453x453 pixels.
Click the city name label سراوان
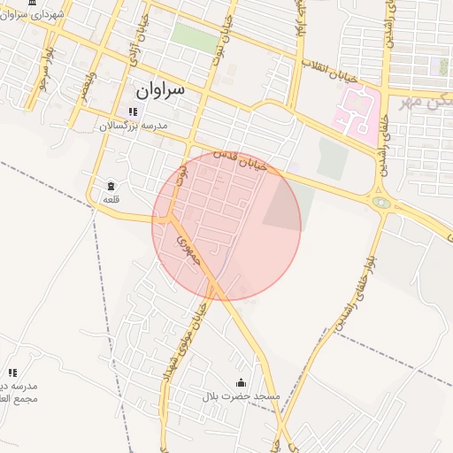point(160,90)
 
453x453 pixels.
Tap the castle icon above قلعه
point(111,186)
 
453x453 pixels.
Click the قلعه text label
point(111,200)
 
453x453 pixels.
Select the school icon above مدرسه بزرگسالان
point(133,111)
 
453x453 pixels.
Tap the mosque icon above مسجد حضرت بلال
point(242,382)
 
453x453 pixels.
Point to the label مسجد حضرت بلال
point(242,396)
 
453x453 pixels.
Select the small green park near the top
point(194,37)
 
